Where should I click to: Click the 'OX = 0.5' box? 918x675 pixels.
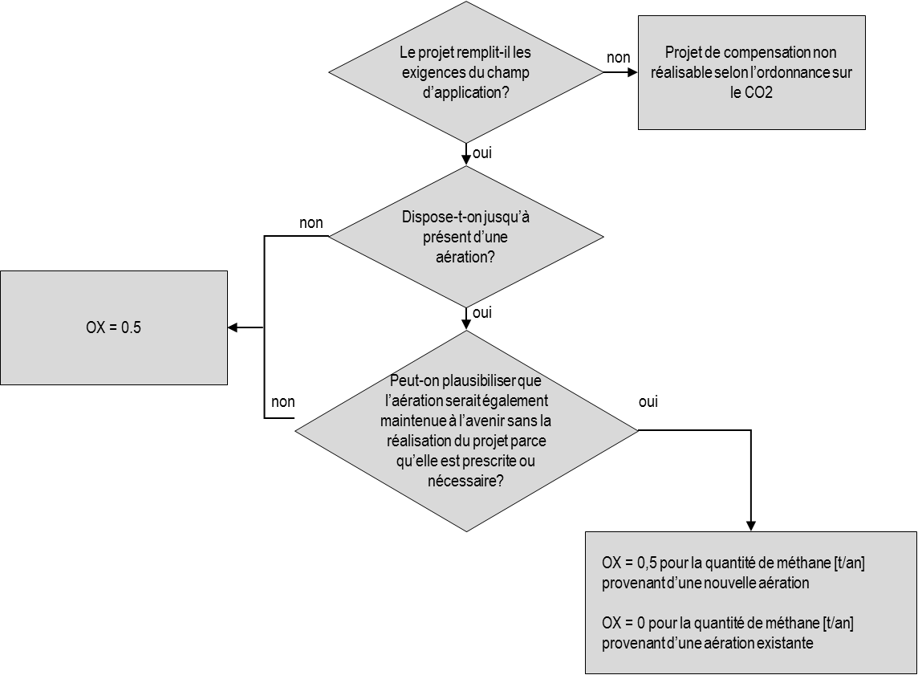point(114,327)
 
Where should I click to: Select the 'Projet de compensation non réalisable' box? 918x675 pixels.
point(752,72)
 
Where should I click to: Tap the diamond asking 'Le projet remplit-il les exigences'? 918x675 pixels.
point(466,72)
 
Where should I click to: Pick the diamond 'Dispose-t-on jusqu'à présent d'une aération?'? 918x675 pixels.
point(466,237)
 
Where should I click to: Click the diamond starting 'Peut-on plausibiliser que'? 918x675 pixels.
point(466,431)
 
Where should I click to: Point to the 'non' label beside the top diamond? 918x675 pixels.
point(618,57)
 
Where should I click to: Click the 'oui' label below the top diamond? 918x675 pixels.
point(481,152)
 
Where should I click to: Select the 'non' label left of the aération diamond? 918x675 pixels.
point(311,223)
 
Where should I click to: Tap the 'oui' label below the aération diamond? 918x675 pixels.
point(481,313)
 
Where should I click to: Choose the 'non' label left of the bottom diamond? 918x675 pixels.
point(282,401)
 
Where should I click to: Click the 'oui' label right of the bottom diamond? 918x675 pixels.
point(648,401)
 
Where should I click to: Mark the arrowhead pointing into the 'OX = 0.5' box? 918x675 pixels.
point(233,327)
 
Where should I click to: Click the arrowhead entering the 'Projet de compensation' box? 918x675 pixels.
point(633,72)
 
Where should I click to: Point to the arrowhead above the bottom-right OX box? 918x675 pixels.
point(751,527)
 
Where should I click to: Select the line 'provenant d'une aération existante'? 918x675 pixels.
point(707,643)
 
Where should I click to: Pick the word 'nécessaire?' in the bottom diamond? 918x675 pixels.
point(466,481)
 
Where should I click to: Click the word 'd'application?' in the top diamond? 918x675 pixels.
point(466,92)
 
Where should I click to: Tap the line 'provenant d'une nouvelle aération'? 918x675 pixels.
point(705,583)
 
